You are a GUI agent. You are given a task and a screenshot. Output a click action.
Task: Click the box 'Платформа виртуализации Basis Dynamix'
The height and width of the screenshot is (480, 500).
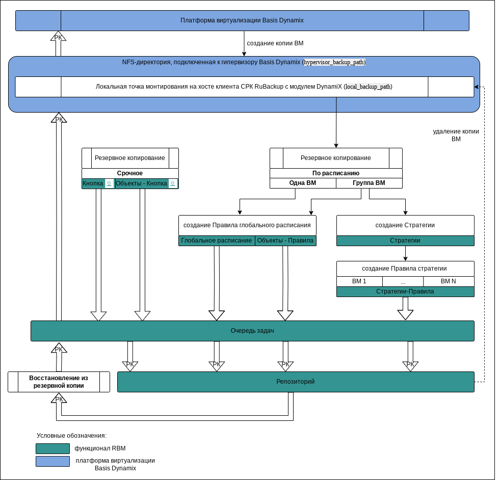[242, 21]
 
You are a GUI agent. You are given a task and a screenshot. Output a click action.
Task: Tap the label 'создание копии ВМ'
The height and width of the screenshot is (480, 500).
[275, 43]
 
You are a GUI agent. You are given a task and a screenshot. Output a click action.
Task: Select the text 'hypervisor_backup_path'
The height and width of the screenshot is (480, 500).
[334, 62]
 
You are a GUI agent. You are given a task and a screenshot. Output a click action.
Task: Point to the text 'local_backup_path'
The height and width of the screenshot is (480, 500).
[368, 87]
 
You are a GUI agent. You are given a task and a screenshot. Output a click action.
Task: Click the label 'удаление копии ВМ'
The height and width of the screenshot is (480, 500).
[456, 135]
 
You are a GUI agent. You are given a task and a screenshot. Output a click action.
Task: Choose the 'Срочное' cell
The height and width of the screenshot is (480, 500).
[130, 173]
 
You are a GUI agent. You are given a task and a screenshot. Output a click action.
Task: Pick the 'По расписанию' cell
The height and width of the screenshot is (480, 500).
[336, 173]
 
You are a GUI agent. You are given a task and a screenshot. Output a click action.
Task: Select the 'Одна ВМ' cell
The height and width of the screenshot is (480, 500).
[303, 183]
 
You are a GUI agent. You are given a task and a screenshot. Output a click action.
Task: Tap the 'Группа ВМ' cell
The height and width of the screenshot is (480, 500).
[369, 183]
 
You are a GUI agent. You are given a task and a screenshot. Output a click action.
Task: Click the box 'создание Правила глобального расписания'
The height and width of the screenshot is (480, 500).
[247, 225]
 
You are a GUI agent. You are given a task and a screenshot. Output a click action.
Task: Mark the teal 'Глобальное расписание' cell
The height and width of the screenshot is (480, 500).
[217, 241]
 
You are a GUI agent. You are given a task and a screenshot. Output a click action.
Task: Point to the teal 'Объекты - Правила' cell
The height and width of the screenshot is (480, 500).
[285, 241]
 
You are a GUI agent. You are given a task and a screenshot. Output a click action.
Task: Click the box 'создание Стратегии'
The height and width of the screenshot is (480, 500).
[405, 225]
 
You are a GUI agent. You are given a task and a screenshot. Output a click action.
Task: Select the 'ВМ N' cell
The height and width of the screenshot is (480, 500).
[449, 281]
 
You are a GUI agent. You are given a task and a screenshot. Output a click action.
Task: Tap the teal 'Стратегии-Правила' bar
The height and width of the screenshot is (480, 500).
[405, 291]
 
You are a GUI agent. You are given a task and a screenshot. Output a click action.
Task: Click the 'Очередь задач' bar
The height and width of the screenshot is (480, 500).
[252, 331]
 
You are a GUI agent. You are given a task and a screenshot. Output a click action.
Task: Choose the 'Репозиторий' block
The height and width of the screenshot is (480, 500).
[296, 382]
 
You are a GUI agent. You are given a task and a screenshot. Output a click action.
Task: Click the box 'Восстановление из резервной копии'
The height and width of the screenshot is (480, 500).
[59, 382]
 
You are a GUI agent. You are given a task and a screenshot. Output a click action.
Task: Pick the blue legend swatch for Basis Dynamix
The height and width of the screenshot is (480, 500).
[52, 461]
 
